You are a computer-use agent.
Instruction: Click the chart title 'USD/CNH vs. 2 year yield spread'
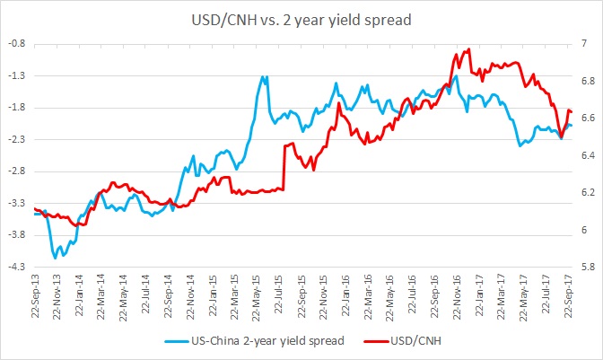[301, 18]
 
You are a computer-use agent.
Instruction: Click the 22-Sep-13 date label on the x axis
[35, 297]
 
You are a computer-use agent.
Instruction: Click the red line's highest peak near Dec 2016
[469, 49]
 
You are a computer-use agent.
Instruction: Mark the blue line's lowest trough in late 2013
[56, 258]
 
